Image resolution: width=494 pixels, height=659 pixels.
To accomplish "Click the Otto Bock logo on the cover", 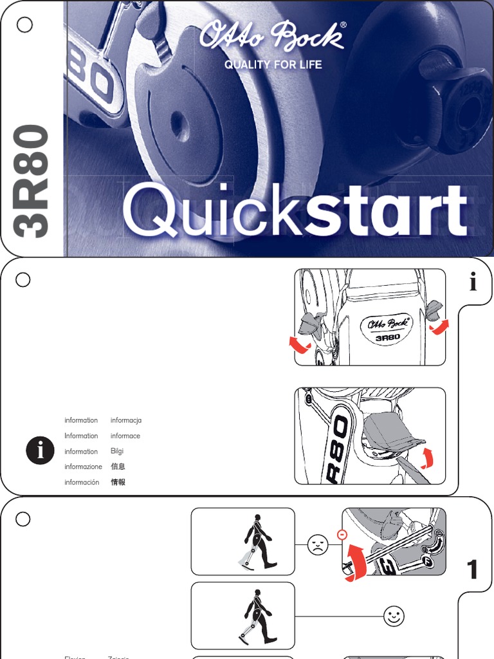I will point(273,36).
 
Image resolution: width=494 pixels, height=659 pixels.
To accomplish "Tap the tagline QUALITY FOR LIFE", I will point(273,64).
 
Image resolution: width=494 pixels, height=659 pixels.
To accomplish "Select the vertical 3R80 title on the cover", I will point(32,181).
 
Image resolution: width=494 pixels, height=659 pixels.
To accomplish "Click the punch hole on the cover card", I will point(24,25).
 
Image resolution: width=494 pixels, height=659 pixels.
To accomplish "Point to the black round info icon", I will point(40,451).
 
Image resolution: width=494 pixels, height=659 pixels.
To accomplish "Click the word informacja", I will point(126,420).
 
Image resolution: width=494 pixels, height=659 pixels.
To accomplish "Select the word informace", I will point(125,436).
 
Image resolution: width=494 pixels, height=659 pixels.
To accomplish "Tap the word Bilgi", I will point(117,451).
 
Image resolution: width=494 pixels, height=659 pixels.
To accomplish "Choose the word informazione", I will point(83,467).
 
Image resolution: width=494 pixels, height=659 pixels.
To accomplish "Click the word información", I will point(82,482).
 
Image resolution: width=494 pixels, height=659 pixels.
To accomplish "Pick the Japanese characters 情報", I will point(118,482).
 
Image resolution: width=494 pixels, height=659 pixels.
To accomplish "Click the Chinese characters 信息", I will point(118,467).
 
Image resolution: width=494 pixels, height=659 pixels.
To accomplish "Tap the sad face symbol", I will point(317,545).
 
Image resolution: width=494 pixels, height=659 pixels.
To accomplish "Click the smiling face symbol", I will point(394,617).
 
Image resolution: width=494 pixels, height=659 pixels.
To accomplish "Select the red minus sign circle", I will point(342,534).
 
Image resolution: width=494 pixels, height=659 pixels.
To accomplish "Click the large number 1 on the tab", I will point(473,570).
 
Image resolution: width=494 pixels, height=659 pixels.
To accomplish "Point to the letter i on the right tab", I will point(473,282).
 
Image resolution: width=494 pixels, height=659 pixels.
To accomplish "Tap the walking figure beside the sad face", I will point(257,542).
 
